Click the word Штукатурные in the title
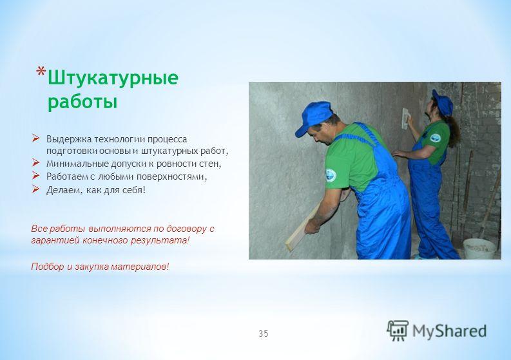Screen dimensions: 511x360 [113, 79]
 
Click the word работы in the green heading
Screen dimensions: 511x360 [82, 102]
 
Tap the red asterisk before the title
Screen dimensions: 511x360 [41, 71]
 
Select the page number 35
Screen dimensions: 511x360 [264, 334]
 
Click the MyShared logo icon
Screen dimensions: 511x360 [398, 330]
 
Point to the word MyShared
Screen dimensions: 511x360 [449, 330]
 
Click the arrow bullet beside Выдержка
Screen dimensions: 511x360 [35, 138]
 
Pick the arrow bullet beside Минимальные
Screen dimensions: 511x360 [35, 162]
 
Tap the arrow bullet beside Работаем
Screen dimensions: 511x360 [35, 176]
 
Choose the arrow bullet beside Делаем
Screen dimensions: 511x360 [35, 189]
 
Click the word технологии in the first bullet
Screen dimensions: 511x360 [119, 139]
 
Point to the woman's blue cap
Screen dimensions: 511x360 [443, 102]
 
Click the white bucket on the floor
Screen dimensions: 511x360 [479, 249]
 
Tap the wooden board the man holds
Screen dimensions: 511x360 [302, 228]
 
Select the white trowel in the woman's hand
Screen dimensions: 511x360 [405, 118]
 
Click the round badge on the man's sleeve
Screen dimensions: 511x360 [331, 175]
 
